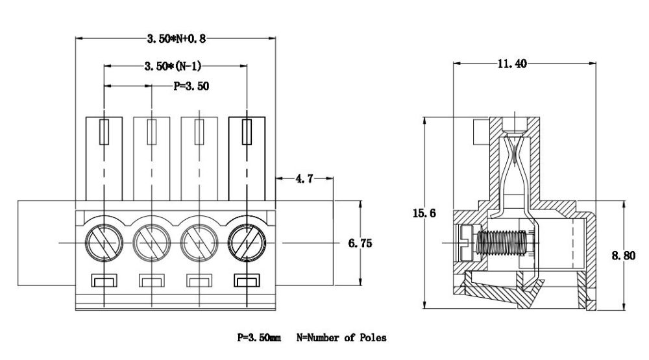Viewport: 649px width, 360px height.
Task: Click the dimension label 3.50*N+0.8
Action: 175,38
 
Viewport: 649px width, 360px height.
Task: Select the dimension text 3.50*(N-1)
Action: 175,66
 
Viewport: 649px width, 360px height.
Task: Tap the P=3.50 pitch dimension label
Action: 191,86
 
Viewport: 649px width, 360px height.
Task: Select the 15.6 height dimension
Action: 423,213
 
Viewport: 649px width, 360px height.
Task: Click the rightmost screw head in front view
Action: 247,243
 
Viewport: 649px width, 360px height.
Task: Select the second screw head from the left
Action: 151,243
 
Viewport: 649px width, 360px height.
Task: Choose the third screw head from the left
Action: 199,243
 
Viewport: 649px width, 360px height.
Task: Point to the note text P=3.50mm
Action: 259,338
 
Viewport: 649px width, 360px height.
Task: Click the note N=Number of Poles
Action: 341,338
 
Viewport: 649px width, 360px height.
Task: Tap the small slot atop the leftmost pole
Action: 104,132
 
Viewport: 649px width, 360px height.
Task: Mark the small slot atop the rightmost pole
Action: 247,132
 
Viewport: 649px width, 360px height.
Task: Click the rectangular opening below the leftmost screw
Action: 104,281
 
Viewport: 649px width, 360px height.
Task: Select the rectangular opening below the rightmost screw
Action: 247,281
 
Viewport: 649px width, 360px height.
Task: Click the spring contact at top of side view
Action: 513,156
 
